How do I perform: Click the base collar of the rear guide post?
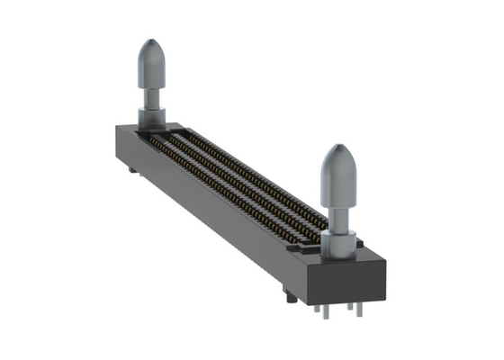tap(151, 116)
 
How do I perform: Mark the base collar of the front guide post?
tap(341, 241)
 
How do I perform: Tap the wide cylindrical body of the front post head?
tap(339, 180)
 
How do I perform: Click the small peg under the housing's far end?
tap(131, 168)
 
